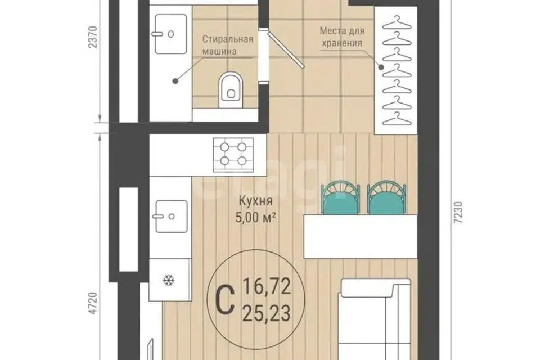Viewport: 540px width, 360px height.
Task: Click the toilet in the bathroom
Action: [231, 86]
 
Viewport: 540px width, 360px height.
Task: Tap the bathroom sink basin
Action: [171, 34]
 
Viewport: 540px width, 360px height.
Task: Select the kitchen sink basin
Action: [171, 217]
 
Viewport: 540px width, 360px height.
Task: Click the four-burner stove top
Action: [233, 154]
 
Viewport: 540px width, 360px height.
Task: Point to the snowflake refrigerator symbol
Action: [168, 280]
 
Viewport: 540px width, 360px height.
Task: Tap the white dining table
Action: [361, 236]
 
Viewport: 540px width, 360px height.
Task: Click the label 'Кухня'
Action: [255, 201]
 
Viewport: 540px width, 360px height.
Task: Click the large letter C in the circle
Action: [224, 300]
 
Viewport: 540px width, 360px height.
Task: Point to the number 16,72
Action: [267, 287]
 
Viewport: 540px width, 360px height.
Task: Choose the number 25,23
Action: [267, 313]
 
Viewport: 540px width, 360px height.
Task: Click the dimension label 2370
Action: [93, 37]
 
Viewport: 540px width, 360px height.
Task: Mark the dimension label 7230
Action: [459, 213]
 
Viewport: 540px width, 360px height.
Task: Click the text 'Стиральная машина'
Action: [228, 45]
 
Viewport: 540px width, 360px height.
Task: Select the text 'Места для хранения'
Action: [341, 37]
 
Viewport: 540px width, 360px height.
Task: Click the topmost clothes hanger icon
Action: [397, 22]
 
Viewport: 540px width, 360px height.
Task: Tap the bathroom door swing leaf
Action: [285, 49]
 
